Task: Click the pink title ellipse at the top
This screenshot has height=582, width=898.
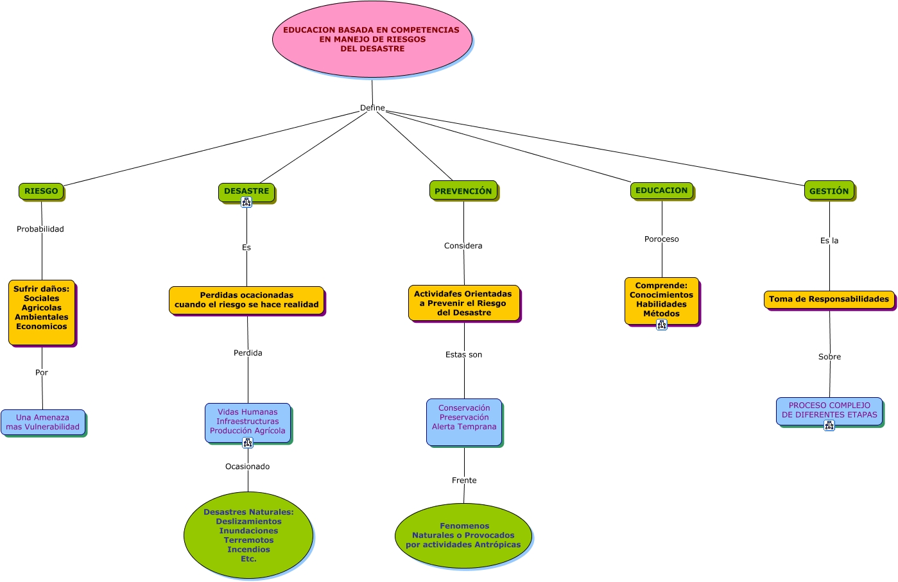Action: pyautogui.click(x=372, y=39)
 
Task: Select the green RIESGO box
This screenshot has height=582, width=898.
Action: pyautogui.click(x=41, y=191)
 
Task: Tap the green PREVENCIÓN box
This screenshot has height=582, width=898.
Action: pyautogui.click(x=463, y=191)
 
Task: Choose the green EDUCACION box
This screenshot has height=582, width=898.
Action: pyautogui.click(x=662, y=191)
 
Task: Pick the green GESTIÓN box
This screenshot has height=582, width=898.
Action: pyautogui.click(x=829, y=191)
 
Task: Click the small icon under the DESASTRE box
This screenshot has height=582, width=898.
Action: pyautogui.click(x=246, y=202)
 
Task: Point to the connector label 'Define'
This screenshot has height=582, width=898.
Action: pyautogui.click(x=372, y=108)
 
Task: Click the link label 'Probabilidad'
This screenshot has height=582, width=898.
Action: pyautogui.click(x=40, y=229)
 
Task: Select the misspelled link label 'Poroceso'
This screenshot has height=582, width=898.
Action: pyautogui.click(x=662, y=239)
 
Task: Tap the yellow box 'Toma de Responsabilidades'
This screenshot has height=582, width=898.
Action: pyautogui.click(x=829, y=300)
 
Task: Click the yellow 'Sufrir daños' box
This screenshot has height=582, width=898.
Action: pyautogui.click(x=42, y=312)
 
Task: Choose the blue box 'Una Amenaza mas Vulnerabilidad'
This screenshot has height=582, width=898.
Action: pyautogui.click(x=43, y=422)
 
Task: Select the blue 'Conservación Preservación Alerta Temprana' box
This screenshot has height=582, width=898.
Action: pyautogui.click(x=464, y=422)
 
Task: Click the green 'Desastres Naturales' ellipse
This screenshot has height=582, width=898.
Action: pyautogui.click(x=248, y=535)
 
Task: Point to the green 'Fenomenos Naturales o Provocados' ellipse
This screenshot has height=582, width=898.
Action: pyautogui.click(x=463, y=536)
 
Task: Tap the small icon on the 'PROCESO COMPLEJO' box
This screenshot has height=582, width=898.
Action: pyautogui.click(x=829, y=425)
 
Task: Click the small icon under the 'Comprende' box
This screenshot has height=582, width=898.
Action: pyautogui.click(x=662, y=325)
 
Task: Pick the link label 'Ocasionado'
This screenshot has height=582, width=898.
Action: pyautogui.click(x=247, y=466)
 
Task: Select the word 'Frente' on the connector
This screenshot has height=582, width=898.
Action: pyautogui.click(x=464, y=480)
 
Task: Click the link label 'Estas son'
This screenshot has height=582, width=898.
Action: pyautogui.click(x=464, y=354)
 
